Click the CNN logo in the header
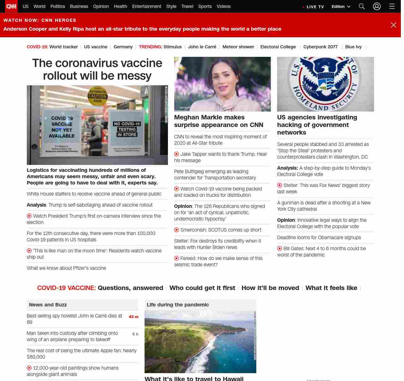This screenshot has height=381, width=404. coord(11,6)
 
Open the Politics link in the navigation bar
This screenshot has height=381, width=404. coord(57,6)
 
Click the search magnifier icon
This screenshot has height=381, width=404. coord(362,6)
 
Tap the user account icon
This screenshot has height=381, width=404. coord(377,6)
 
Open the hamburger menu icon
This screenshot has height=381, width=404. coord(392,6)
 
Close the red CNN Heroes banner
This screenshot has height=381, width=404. coord(393,25)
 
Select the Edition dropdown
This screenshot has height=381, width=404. coord(341,7)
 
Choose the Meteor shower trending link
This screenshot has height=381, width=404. coord(238,47)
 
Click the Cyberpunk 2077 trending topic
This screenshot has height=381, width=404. coord(320,47)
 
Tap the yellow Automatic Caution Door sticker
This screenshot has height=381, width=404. coord(98,96)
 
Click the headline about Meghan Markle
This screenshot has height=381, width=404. coord(218,121)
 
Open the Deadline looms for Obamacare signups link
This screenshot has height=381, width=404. coord(319,238)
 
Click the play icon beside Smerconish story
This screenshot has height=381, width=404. coord(176,230)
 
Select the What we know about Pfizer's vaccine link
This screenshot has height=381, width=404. coord(66,268)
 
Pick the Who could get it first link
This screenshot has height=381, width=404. coord(202,288)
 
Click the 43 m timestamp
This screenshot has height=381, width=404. coord(133,317)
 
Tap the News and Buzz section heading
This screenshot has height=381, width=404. coord(48,305)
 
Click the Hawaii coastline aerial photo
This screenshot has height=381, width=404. coord(200,342)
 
